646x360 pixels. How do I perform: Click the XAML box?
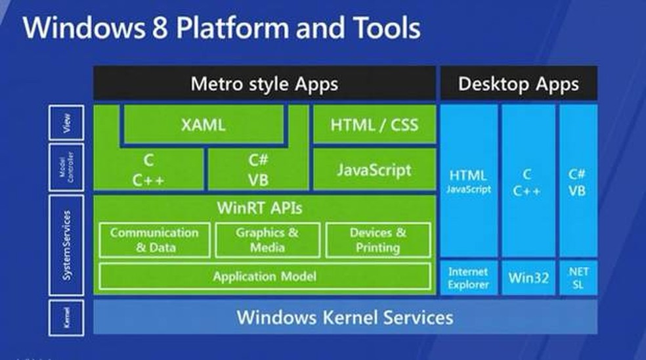[x=203, y=125]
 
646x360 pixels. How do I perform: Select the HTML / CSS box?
[x=374, y=125]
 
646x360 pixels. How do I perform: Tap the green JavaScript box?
[x=374, y=169]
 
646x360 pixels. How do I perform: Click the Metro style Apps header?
[x=264, y=83]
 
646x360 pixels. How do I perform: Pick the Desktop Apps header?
[x=519, y=83]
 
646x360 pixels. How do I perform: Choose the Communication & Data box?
[x=154, y=240]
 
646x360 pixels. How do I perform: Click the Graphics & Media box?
[x=267, y=240]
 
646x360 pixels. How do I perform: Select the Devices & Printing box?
[x=378, y=240]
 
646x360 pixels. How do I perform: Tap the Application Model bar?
[x=265, y=277]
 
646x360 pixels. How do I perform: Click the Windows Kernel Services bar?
[x=345, y=318]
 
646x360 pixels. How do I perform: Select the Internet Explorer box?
[x=468, y=278]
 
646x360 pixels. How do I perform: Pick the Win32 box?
[x=528, y=278]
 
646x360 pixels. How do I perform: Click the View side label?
[x=66, y=123]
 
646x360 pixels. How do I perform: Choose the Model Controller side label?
[x=66, y=168]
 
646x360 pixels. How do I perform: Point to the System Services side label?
[x=66, y=244]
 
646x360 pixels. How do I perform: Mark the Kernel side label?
[x=66, y=318]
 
